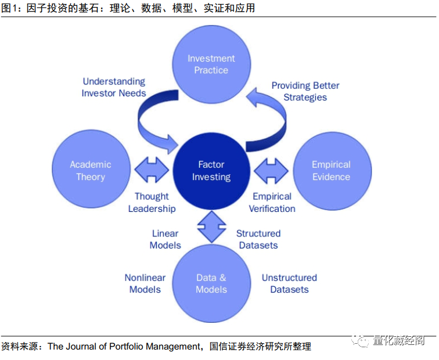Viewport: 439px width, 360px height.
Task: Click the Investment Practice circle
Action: (211, 64)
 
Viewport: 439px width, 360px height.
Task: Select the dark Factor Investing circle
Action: (211, 171)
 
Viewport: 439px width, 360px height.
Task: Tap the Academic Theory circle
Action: (91, 171)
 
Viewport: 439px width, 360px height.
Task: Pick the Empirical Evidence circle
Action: (331, 171)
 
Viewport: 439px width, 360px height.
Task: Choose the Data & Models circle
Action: (211, 283)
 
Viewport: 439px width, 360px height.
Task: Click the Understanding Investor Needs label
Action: (114, 87)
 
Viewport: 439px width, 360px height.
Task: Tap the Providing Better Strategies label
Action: (305, 91)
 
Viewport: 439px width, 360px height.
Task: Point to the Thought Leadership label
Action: (152, 202)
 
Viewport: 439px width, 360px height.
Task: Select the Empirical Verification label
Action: (272, 202)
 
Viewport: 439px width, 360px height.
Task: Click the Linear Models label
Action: (165, 239)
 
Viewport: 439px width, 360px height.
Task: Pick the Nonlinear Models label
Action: (145, 283)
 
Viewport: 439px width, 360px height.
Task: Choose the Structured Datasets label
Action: (258, 239)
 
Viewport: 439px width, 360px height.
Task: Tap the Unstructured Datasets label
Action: (289, 283)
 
